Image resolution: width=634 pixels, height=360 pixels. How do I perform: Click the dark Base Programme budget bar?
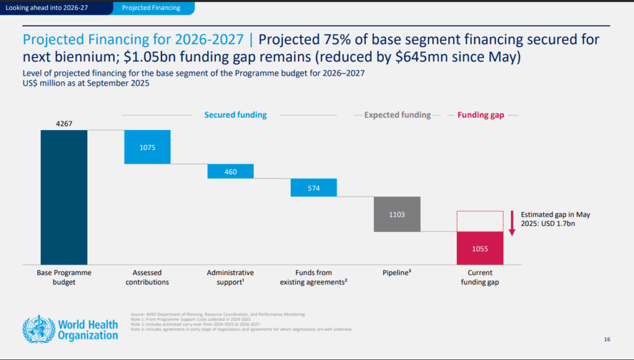[64, 197]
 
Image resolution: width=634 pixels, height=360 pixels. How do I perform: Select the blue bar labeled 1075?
[147, 147]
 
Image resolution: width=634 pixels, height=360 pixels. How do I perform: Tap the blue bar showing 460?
[230, 171]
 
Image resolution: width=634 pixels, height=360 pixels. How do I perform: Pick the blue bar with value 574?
[313, 187]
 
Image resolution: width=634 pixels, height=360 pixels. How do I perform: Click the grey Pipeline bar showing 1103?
[397, 214]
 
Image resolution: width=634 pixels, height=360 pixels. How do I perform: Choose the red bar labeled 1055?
[480, 248]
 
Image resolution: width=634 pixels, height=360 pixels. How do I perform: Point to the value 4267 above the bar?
[64, 123]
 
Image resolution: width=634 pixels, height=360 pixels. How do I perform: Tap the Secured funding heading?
[235, 115]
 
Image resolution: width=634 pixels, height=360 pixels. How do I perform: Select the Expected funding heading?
[397, 115]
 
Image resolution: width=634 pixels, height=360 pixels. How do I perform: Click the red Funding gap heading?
[480, 115]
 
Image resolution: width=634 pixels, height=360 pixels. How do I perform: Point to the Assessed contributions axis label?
[147, 277]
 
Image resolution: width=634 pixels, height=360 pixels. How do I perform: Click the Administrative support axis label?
[230, 277]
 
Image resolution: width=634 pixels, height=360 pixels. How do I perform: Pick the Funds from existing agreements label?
[313, 277]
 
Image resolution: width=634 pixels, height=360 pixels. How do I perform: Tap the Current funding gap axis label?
[480, 277]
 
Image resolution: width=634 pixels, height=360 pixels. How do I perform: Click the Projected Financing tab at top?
[151, 8]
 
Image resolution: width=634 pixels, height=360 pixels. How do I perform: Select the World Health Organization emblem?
[38, 328]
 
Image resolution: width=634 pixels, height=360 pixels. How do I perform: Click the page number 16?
[607, 340]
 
